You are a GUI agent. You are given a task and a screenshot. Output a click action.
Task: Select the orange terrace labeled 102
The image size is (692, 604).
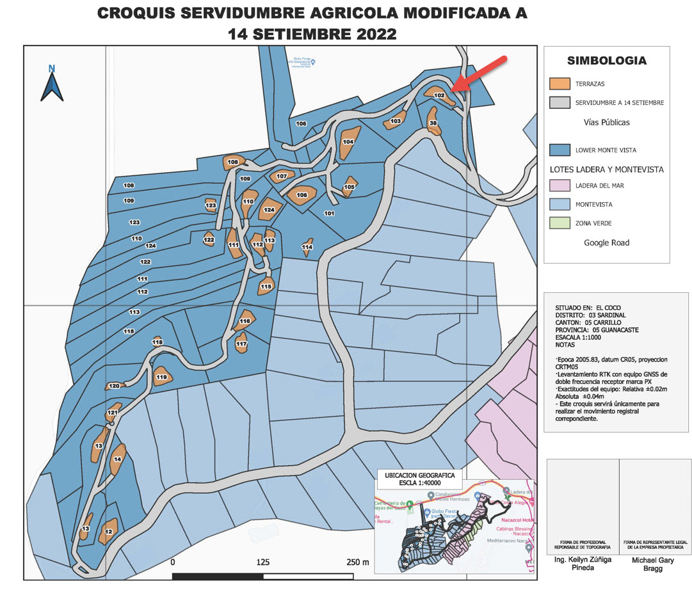coord(440,95)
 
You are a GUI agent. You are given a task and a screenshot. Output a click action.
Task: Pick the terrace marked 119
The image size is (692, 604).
coord(161,376)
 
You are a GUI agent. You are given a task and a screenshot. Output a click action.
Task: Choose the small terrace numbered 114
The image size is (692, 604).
coord(307,247)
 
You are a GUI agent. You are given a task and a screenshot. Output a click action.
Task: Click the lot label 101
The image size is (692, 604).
coord(330,213)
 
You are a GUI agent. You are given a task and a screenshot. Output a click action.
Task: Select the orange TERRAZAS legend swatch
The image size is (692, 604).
coord(559,84)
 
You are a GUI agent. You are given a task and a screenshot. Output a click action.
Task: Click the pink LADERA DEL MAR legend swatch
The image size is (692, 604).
coord(559,186)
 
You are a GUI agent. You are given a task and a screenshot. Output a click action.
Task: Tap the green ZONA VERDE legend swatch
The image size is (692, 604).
coord(559,223)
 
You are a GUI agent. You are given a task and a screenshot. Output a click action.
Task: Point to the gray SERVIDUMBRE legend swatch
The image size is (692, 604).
coord(559,102)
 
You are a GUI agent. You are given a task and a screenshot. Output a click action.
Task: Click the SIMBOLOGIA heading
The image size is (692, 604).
coord(606,61)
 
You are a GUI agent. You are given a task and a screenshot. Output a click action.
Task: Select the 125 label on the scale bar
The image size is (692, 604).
coord(262,562)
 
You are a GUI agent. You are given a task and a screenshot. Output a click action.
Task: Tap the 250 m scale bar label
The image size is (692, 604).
coord(357,562)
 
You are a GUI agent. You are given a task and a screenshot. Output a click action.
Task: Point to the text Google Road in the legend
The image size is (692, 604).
coord(606,242)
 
